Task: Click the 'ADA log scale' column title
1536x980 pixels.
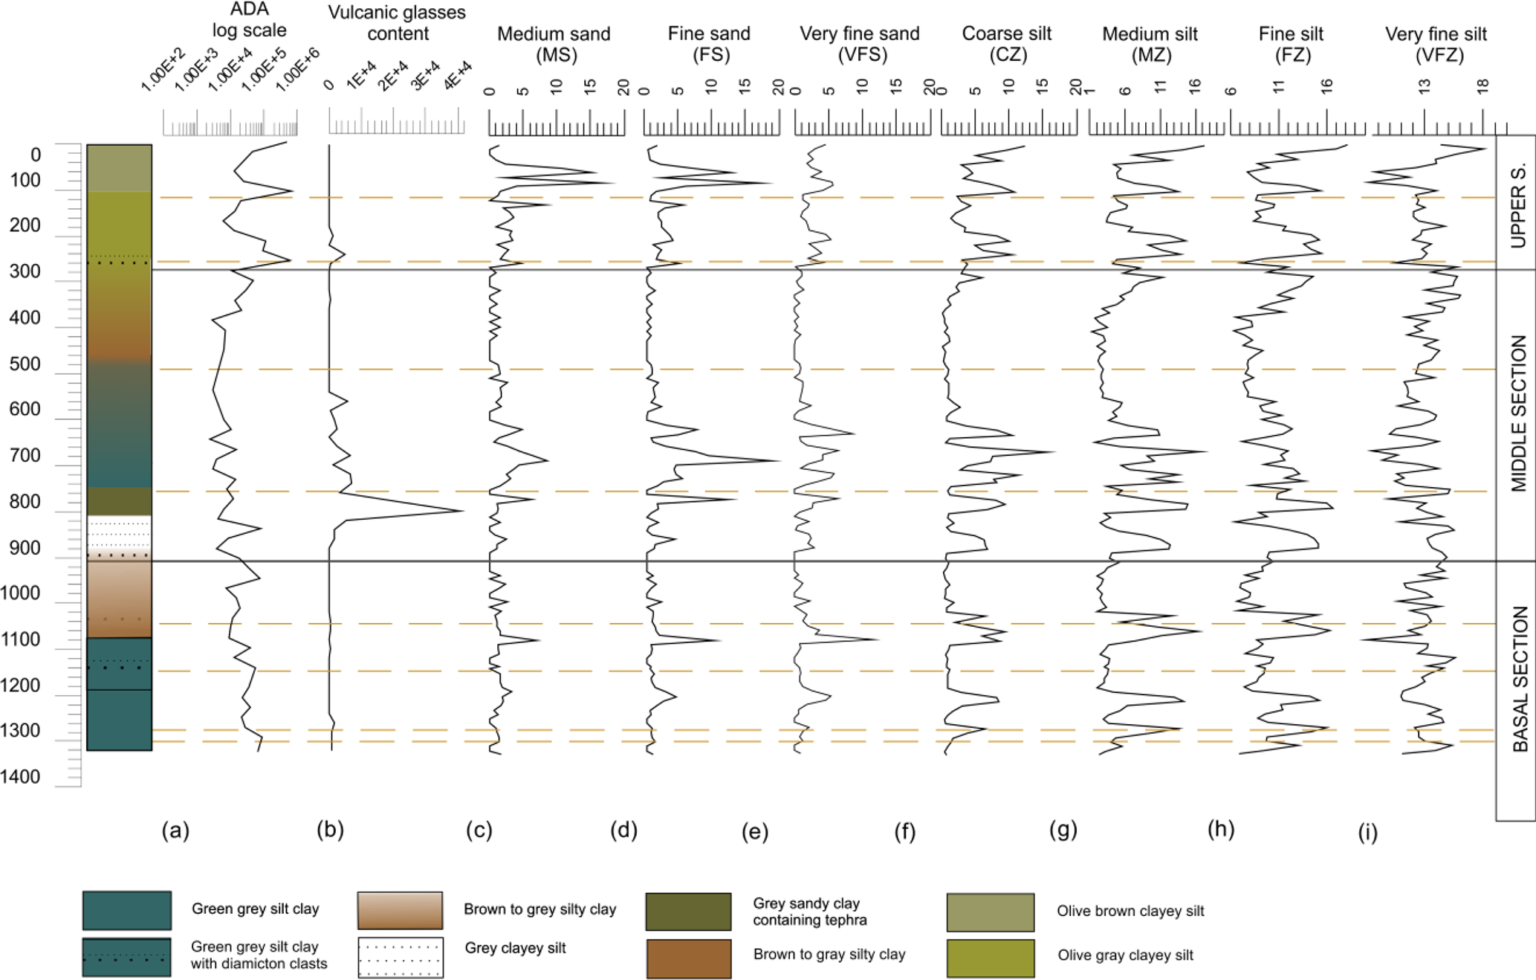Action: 249,20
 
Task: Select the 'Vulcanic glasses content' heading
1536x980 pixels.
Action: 397,23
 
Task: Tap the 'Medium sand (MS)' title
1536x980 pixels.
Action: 554,44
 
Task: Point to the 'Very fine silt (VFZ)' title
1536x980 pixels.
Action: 1436,44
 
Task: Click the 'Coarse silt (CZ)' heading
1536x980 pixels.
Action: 1007,44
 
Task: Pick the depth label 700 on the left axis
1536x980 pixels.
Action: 25,456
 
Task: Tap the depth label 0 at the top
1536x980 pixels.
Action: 35,155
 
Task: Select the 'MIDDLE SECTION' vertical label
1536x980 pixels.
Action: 1518,413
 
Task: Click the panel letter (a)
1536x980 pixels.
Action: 175,831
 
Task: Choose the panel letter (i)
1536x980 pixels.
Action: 1367,833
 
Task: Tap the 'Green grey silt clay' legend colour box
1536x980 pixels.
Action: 127,910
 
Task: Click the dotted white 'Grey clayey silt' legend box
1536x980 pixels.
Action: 401,957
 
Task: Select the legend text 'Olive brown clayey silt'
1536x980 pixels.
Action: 1130,912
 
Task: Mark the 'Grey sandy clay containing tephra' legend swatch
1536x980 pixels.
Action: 688,912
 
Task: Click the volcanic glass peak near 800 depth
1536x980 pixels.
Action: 462,510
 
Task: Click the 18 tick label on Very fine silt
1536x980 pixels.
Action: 1483,87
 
